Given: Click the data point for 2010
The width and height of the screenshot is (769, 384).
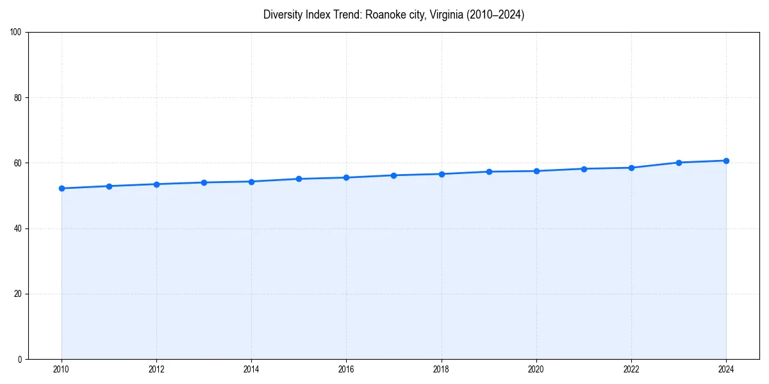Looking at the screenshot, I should pos(62,188).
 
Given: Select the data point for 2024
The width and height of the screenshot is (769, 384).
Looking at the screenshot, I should pos(726,161).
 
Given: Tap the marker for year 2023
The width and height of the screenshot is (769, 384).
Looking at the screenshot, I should pos(679,163).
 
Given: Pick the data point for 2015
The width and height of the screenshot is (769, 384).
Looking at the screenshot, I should pos(299,179).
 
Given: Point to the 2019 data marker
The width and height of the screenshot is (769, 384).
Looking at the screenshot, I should pos(489,172).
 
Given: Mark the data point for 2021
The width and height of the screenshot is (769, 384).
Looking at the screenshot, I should pos(584,169).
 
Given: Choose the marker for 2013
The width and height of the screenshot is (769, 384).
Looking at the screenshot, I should pos(204,182).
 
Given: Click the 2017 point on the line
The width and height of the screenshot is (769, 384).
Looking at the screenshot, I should pos(393,175).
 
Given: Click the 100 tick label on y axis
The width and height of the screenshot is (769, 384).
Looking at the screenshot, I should pos(16,33).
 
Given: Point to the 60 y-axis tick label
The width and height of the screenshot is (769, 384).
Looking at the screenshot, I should pos(18,163).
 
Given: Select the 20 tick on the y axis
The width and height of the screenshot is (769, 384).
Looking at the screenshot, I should pos(18,294).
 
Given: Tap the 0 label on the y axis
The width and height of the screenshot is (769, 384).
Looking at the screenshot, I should pos(20,359).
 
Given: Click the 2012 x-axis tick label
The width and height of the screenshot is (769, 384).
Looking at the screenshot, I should pos(156,369).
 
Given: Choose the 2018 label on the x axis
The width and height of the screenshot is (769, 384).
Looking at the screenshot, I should pos(441,369).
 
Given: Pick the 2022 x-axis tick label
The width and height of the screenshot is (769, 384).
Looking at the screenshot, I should pos(631,369).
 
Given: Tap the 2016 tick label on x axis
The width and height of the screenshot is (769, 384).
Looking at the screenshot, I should pos(346,369).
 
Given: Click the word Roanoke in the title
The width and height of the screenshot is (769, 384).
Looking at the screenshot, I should pos(385,15).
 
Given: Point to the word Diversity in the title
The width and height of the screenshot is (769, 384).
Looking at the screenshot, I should pos(283,15).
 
